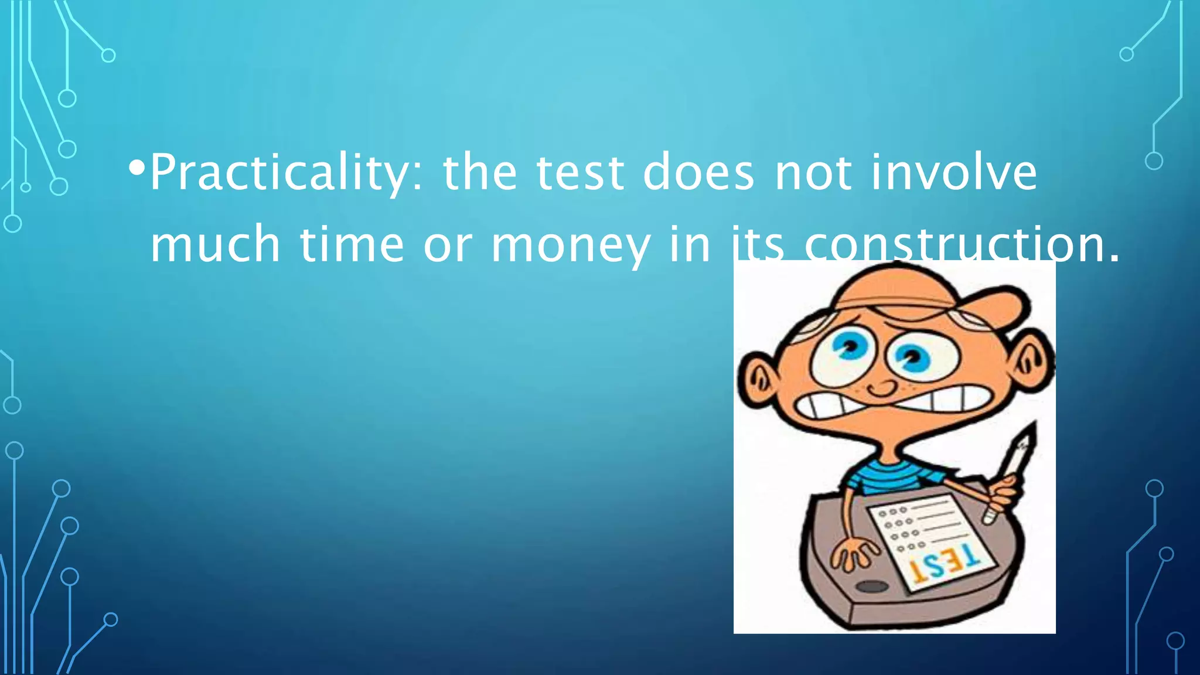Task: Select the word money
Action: [570, 245]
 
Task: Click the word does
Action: [698, 172]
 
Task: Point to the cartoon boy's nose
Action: [882, 387]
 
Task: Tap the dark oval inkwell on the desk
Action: [872, 587]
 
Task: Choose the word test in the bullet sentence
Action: [579, 172]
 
